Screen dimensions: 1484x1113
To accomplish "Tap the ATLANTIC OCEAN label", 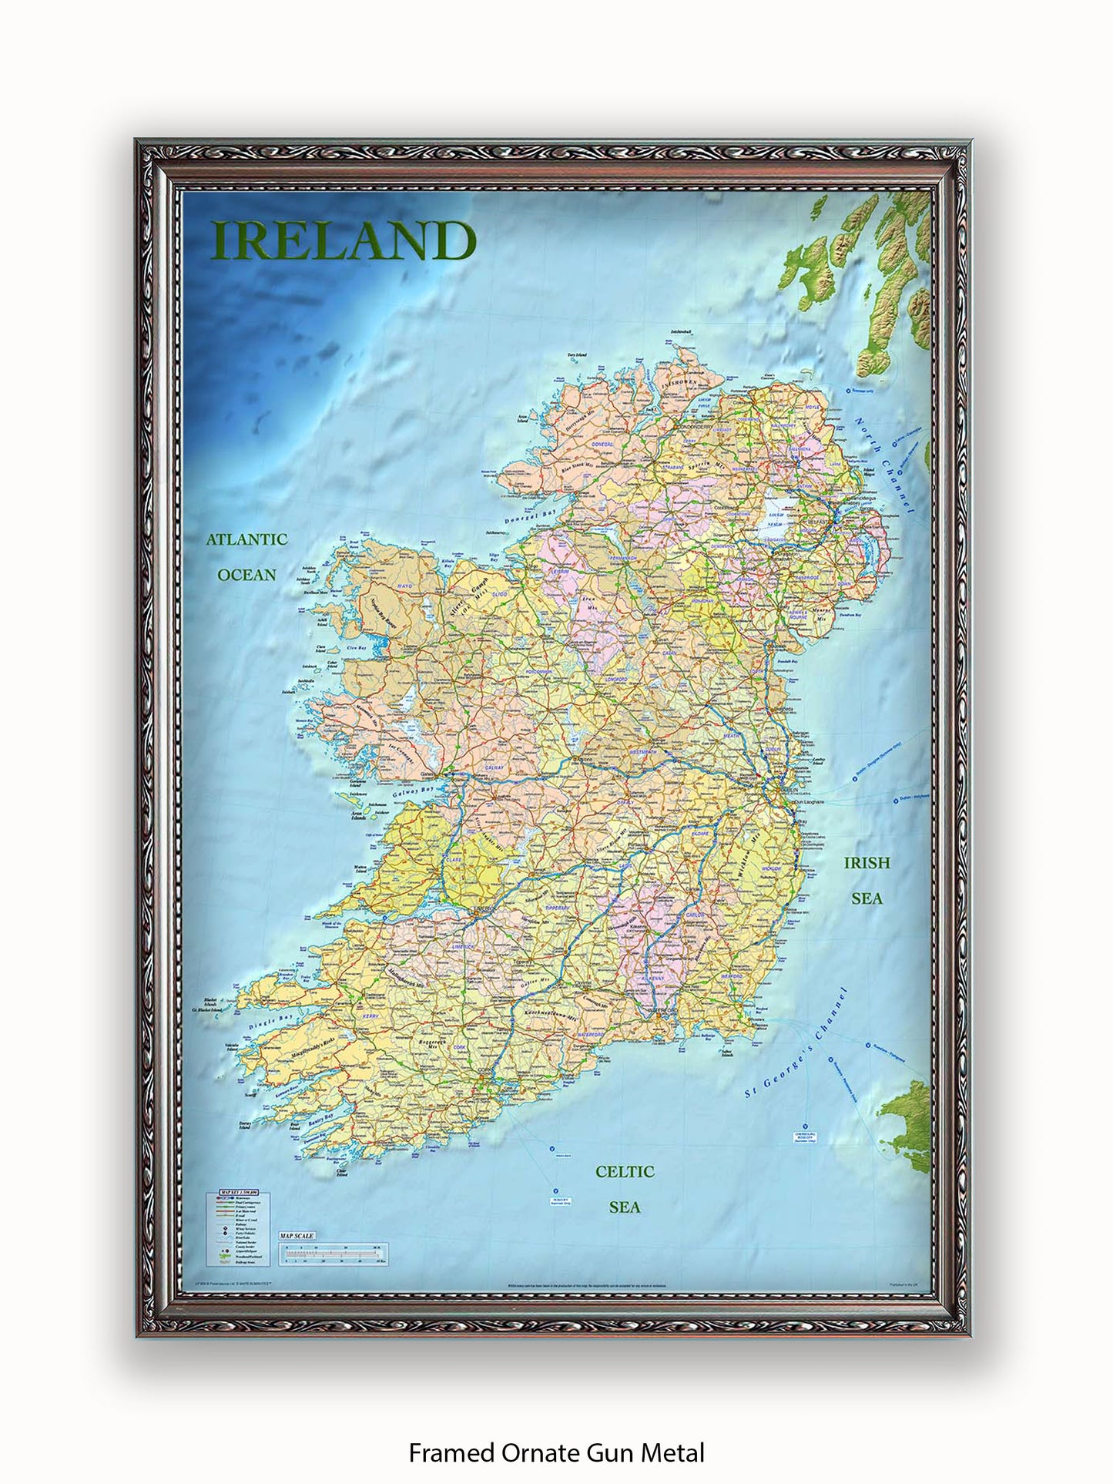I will [x=246, y=556].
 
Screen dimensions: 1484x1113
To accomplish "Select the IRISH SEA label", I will [x=867, y=880].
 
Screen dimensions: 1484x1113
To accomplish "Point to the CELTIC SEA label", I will [x=625, y=1188].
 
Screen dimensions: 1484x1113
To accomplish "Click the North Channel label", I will [x=883, y=465].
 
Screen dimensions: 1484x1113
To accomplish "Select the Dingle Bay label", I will [x=272, y=1022].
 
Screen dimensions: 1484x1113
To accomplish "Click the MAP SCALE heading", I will [x=297, y=1257].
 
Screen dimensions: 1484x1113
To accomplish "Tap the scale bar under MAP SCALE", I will [x=333, y=1276].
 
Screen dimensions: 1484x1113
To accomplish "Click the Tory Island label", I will [x=577, y=355].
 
